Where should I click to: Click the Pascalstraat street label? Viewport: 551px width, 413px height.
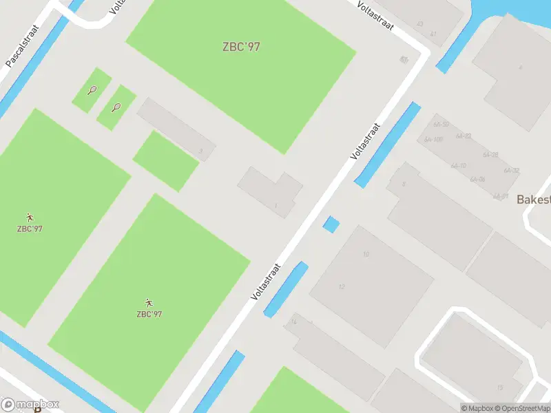tap(23, 47)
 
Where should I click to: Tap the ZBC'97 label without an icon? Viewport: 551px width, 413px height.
tap(241, 47)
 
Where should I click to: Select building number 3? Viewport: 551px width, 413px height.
tap(200, 151)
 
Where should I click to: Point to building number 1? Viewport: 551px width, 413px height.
tap(275, 206)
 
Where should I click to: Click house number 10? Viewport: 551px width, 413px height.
tap(366, 254)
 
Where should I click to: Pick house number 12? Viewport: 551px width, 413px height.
tap(342, 286)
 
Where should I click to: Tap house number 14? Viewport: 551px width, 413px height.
tap(293, 321)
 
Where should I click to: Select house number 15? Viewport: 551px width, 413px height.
tap(500, 388)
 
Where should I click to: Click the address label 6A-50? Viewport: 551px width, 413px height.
tap(441, 125)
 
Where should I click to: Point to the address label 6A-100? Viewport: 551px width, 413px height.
tap(433, 140)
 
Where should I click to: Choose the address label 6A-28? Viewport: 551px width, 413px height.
tap(490, 155)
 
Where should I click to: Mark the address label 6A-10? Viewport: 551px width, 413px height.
tap(459, 166)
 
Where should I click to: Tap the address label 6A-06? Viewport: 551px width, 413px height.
tap(477, 180)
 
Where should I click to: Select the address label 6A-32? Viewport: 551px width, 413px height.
tap(511, 170)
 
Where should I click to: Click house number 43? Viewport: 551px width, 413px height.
tap(419, 24)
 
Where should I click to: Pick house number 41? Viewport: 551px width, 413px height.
tap(433, 33)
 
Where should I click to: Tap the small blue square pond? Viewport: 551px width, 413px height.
tap(331, 224)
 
